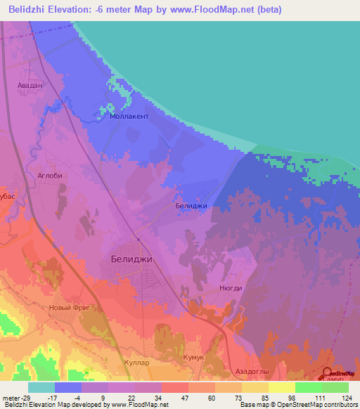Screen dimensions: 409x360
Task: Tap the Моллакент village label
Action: click(x=129, y=117)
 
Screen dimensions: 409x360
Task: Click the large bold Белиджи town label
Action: click(x=131, y=259)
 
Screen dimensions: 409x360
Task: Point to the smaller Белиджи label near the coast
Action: click(x=191, y=207)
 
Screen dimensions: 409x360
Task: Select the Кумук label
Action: click(x=193, y=358)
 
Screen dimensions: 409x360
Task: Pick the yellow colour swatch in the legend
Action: click(x=281, y=387)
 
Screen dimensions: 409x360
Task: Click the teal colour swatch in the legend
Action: click(x=41, y=387)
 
